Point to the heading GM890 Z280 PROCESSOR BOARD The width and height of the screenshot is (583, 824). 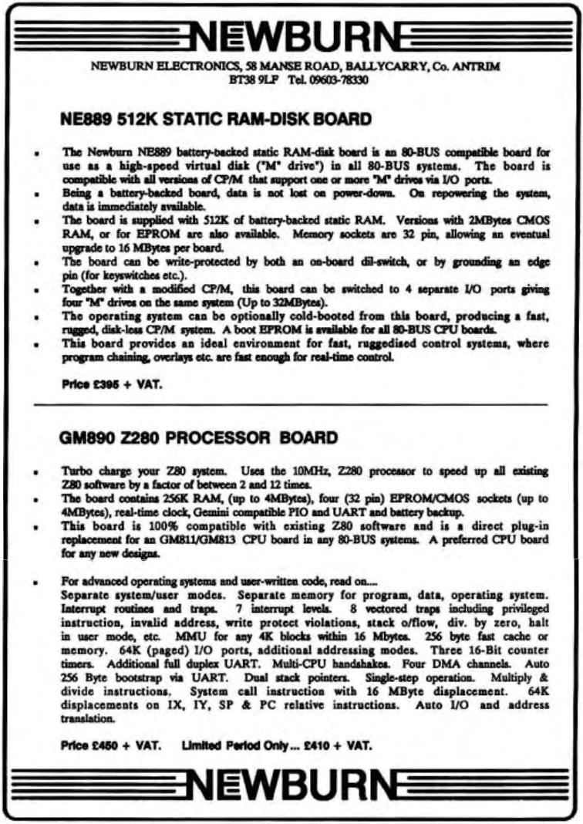tap(198, 438)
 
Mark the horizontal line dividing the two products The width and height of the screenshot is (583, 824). tap(291, 404)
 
